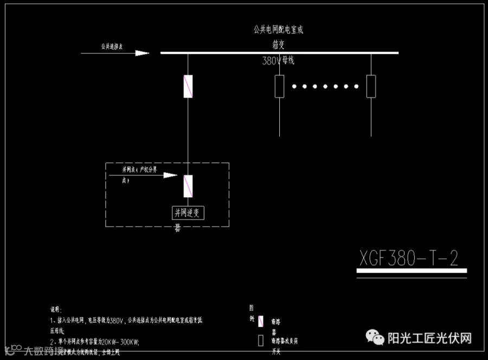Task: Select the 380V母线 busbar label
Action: [278, 61]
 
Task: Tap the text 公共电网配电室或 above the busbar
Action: [278, 29]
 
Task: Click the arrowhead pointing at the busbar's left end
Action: [142, 53]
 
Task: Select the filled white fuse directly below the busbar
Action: [188, 86]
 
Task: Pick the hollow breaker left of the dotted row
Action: [279, 86]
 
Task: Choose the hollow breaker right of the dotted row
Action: [371, 86]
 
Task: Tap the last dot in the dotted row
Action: [356, 86]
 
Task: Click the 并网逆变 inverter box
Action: [188, 213]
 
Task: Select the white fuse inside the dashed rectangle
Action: [188, 186]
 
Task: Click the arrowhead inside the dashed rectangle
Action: [170, 175]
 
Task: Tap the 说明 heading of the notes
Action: [56, 310]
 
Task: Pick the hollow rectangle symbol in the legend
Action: [260, 340]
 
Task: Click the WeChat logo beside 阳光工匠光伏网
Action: [375, 338]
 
